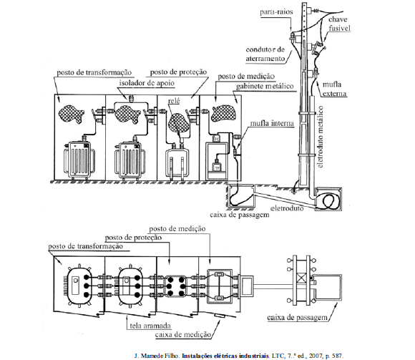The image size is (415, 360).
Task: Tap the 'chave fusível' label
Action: [x=339, y=24]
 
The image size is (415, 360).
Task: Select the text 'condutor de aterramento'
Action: [x=265, y=54]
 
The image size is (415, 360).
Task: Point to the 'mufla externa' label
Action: [x=334, y=89]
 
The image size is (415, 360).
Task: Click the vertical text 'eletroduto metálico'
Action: [x=321, y=137]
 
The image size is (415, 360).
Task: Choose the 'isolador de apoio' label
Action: [x=147, y=83]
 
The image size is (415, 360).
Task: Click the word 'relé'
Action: [x=174, y=101]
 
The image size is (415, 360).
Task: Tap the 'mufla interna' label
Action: [x=272, y=123]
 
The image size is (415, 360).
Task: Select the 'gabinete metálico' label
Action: [x=265, y=87]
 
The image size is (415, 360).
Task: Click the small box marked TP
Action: [x=217, y=167]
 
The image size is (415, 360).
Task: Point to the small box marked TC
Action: [x=217, y=138]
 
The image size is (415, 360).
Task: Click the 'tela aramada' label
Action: [x=150, y=326]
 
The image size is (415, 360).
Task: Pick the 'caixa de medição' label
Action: [x=183, y=334]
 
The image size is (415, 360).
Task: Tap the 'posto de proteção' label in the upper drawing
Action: [x=178, y=72]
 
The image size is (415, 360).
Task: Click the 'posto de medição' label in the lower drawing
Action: [x=177, y=229]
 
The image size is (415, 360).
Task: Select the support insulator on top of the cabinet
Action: [x=130, y=98]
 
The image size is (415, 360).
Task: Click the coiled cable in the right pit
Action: [x=330, y=201]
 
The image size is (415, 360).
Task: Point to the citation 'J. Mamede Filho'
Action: [x=157, y=356]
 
